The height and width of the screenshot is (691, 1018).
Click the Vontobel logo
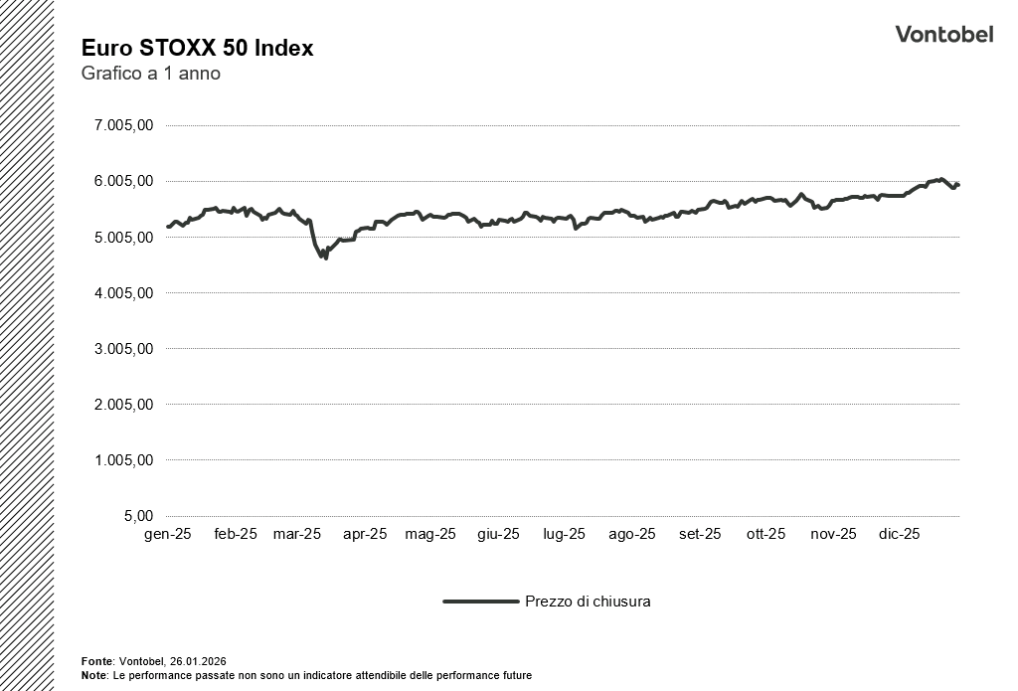tap(943, 34)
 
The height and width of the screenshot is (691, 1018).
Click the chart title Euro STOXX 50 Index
tap(197, 48)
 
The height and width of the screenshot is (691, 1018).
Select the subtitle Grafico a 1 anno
tap(150, 74)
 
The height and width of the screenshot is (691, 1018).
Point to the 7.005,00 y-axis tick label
tap(122, 125)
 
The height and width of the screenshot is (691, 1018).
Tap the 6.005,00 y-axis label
tap(122, 181)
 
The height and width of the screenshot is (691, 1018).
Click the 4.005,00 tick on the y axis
tap(122, 293)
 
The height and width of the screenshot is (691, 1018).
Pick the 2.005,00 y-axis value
tap(122, 405)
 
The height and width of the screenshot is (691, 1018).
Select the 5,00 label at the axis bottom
tap(137, 516)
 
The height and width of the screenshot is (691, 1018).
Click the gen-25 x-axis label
tap(167, 534)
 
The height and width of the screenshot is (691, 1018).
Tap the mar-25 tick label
tap(297, 534)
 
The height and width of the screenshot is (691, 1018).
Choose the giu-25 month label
tap(498, 534)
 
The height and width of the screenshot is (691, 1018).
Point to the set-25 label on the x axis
tap(700, 534)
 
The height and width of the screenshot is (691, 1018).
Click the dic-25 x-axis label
tap(898, 534)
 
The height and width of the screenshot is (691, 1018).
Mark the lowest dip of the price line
tap(325, 259)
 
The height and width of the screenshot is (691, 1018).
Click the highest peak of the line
tap(939, 179)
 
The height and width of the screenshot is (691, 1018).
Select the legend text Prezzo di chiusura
tap(588, 602)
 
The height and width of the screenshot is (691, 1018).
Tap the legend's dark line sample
tap(480, 602)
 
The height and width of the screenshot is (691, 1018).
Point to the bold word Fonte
tap(96, 661)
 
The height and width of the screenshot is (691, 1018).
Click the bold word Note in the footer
tap(94, 675)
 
